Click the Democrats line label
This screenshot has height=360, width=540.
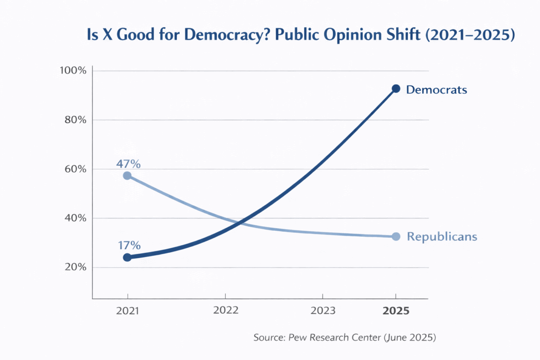point(436,89)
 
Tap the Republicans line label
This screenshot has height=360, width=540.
point(442,237)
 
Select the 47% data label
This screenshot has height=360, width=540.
point(128,164)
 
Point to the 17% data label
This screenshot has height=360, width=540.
point(129,246)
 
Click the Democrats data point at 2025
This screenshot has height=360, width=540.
point(396,88)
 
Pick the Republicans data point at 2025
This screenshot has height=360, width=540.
point(396,237)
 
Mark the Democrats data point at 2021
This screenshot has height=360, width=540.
point(127,257)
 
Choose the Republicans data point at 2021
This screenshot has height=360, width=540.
point(127,176)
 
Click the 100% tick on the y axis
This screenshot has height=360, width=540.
point(73,71)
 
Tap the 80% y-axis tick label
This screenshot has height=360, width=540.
point(74,120)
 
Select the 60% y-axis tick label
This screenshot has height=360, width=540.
point(74,169)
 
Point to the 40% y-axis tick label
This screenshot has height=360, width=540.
point(74,218)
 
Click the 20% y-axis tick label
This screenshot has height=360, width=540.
point(74,267)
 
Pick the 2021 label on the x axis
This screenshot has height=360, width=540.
point(128,311)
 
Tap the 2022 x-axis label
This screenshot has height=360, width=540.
point(225,310)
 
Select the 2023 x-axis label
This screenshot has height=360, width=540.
point(322,311)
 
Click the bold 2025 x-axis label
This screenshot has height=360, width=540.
point(396,311)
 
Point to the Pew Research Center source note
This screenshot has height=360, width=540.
point(344,338)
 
